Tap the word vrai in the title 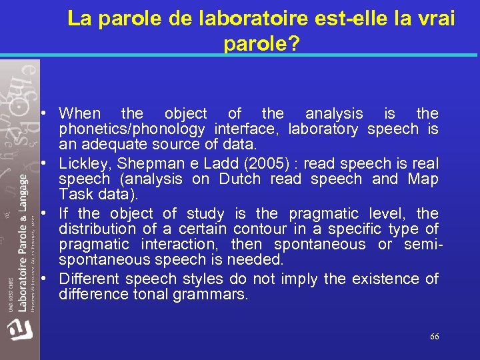(x=431, y=19)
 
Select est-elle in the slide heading (x=340, y=19)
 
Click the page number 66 (x=434, y=337)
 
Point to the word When (x=80, y=114)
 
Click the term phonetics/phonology (x=133, y=129)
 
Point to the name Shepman (x=145, y=163)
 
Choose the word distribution (x=99, y=229)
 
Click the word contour (x=258, y=229)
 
